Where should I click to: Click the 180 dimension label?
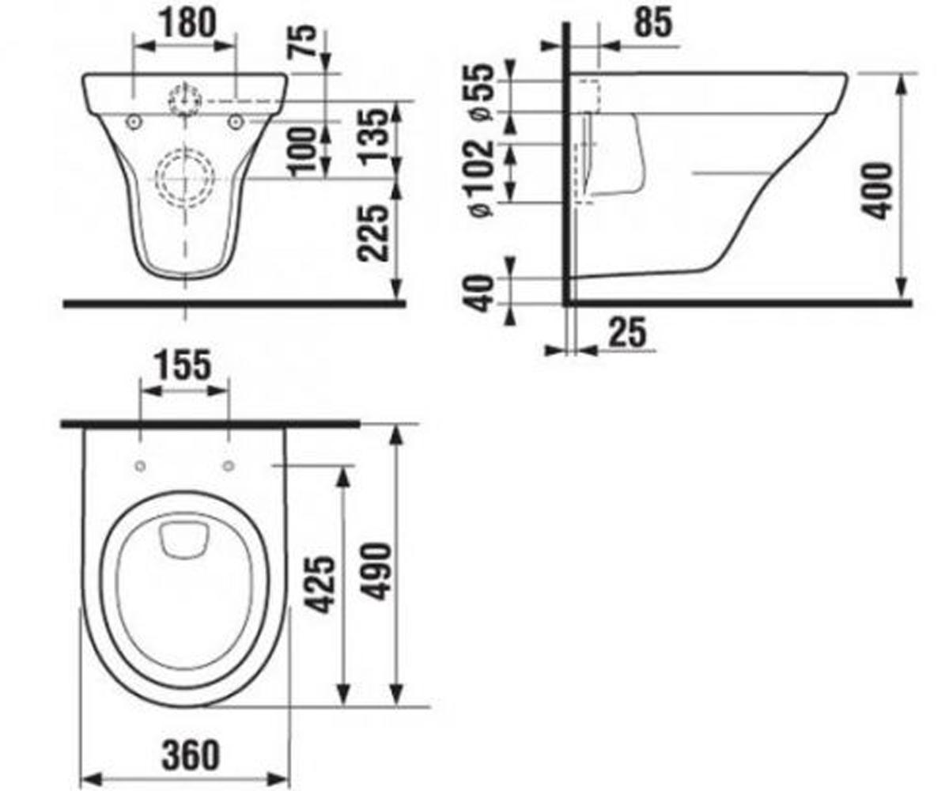188,23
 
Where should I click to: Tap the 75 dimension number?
303,41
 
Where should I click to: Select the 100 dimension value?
303,152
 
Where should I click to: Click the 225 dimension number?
372,233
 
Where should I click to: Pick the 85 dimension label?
652,23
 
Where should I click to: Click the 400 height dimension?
877,191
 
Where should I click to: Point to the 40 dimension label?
480,293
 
